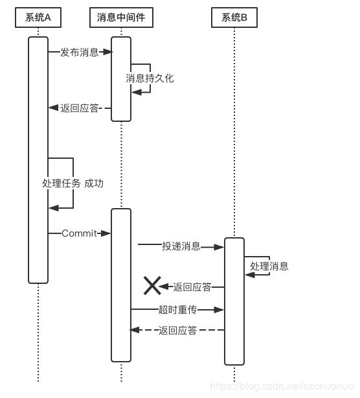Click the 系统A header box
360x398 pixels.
tap(38, 18)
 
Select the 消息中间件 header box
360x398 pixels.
tap(121, 18)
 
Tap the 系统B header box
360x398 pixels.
tap(234, 18)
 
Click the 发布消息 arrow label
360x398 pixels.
tap(79, 53)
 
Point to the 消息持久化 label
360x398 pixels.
tap(150, 78)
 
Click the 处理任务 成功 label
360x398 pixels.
tap(73, 183)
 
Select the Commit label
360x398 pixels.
tap(79, 233)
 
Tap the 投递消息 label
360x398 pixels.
tap(181, 246)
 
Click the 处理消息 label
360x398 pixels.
tap(269, 266)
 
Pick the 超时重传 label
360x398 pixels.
tap(177, 310)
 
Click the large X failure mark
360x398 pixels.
tap(152, 286)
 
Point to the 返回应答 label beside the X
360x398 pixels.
tap(192, 287)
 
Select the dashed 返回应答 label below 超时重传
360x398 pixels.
tap(177, 330)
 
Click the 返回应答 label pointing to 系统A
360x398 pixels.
tap(79, 108)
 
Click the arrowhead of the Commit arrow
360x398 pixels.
tap(106, 233)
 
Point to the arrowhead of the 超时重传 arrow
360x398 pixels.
tap(219, 310)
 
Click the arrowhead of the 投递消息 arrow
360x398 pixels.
tap(219, 247)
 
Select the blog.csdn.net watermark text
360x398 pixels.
tap(282, 386)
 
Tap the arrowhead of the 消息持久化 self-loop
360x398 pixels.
tap(137, 92)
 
